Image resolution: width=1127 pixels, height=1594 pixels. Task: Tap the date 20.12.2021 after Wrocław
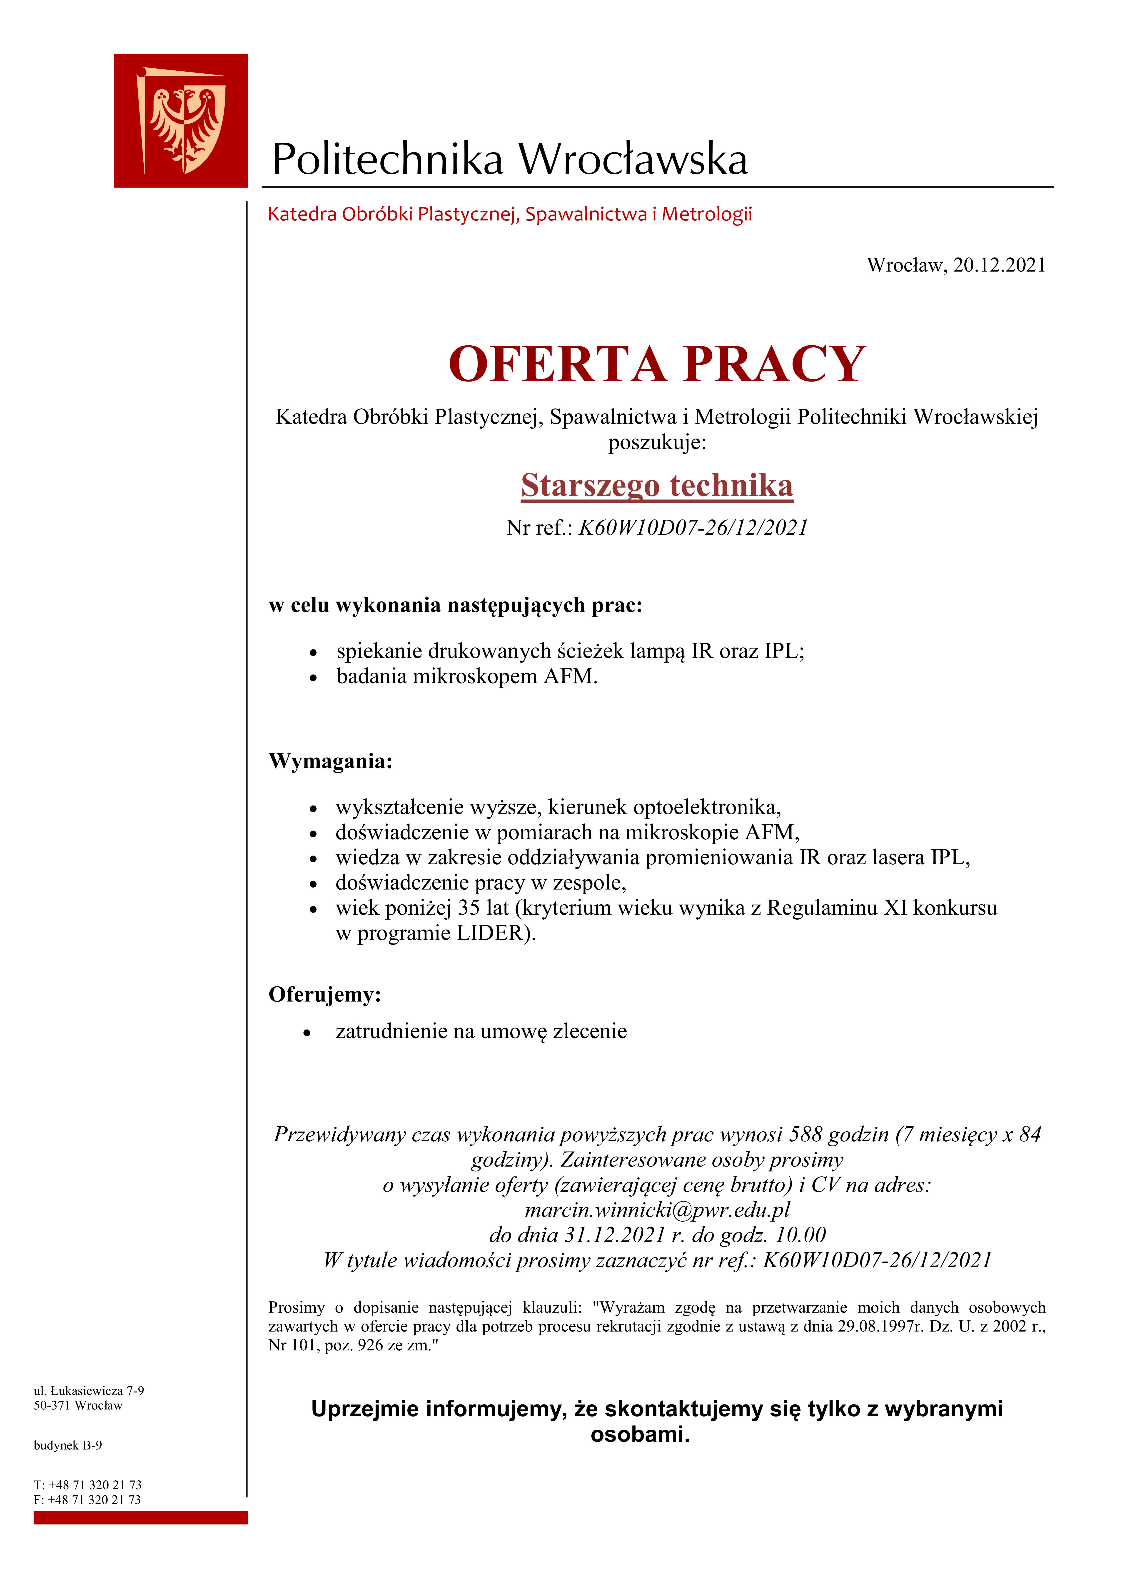[x=999, y=265]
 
